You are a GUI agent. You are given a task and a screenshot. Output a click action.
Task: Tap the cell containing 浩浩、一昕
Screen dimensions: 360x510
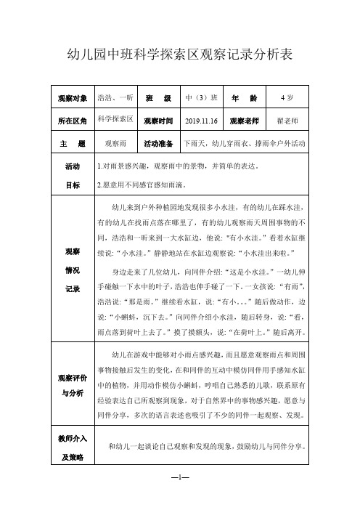coord(115,97)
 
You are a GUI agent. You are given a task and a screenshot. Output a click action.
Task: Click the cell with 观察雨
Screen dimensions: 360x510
coord(116,144)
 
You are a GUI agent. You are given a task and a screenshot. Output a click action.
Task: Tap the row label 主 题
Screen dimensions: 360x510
coord(73,144)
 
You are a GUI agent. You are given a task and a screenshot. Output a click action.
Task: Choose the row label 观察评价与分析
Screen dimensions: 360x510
coord(73,385)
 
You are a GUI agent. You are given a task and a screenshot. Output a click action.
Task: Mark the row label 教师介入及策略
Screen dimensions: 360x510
coord(73,448)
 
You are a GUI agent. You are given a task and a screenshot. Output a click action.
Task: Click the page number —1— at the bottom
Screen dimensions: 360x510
coord(180,480)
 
